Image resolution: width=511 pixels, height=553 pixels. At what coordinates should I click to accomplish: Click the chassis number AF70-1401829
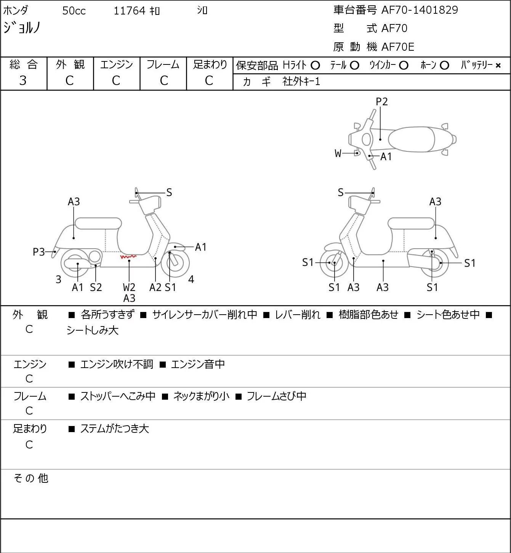pos(420,10)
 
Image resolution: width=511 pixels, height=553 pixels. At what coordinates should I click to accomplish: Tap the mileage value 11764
pos(130,11)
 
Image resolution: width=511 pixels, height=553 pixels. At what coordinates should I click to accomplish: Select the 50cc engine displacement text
pos(74,11)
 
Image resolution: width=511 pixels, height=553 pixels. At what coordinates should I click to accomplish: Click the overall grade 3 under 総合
pos(23,81)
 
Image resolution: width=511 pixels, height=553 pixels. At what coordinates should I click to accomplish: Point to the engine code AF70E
pos(398,47)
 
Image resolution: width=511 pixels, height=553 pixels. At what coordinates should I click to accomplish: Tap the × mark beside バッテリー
pos(498,66)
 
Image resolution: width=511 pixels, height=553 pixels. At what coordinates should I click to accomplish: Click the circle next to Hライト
pos(315,66)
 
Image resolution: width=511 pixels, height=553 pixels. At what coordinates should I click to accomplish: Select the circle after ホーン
pos(444,66)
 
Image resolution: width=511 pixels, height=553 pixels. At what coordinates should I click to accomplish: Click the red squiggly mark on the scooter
pos(128,256)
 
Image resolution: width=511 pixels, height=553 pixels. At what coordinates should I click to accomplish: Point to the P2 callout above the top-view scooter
pos(381,101)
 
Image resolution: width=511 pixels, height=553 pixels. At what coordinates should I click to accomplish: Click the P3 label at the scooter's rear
pos(39,252)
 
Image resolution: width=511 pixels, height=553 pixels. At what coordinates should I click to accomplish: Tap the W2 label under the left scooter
pos(129,287)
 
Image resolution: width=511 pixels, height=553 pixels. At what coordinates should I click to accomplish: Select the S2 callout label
pos(96,287)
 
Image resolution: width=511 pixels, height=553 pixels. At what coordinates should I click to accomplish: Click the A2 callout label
pos(155,287)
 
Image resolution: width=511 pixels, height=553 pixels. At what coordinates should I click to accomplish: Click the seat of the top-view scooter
pos(411,139)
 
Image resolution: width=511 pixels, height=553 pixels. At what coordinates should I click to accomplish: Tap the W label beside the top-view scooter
pos(338,153)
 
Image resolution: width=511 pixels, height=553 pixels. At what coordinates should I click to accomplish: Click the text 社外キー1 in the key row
pos(301,82)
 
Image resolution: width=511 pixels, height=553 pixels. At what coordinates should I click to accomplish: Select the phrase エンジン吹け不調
pos(117,364)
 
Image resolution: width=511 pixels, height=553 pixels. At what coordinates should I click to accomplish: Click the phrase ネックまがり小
pos(201,396)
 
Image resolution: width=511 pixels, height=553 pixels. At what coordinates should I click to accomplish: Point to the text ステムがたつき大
pos(115,429)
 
